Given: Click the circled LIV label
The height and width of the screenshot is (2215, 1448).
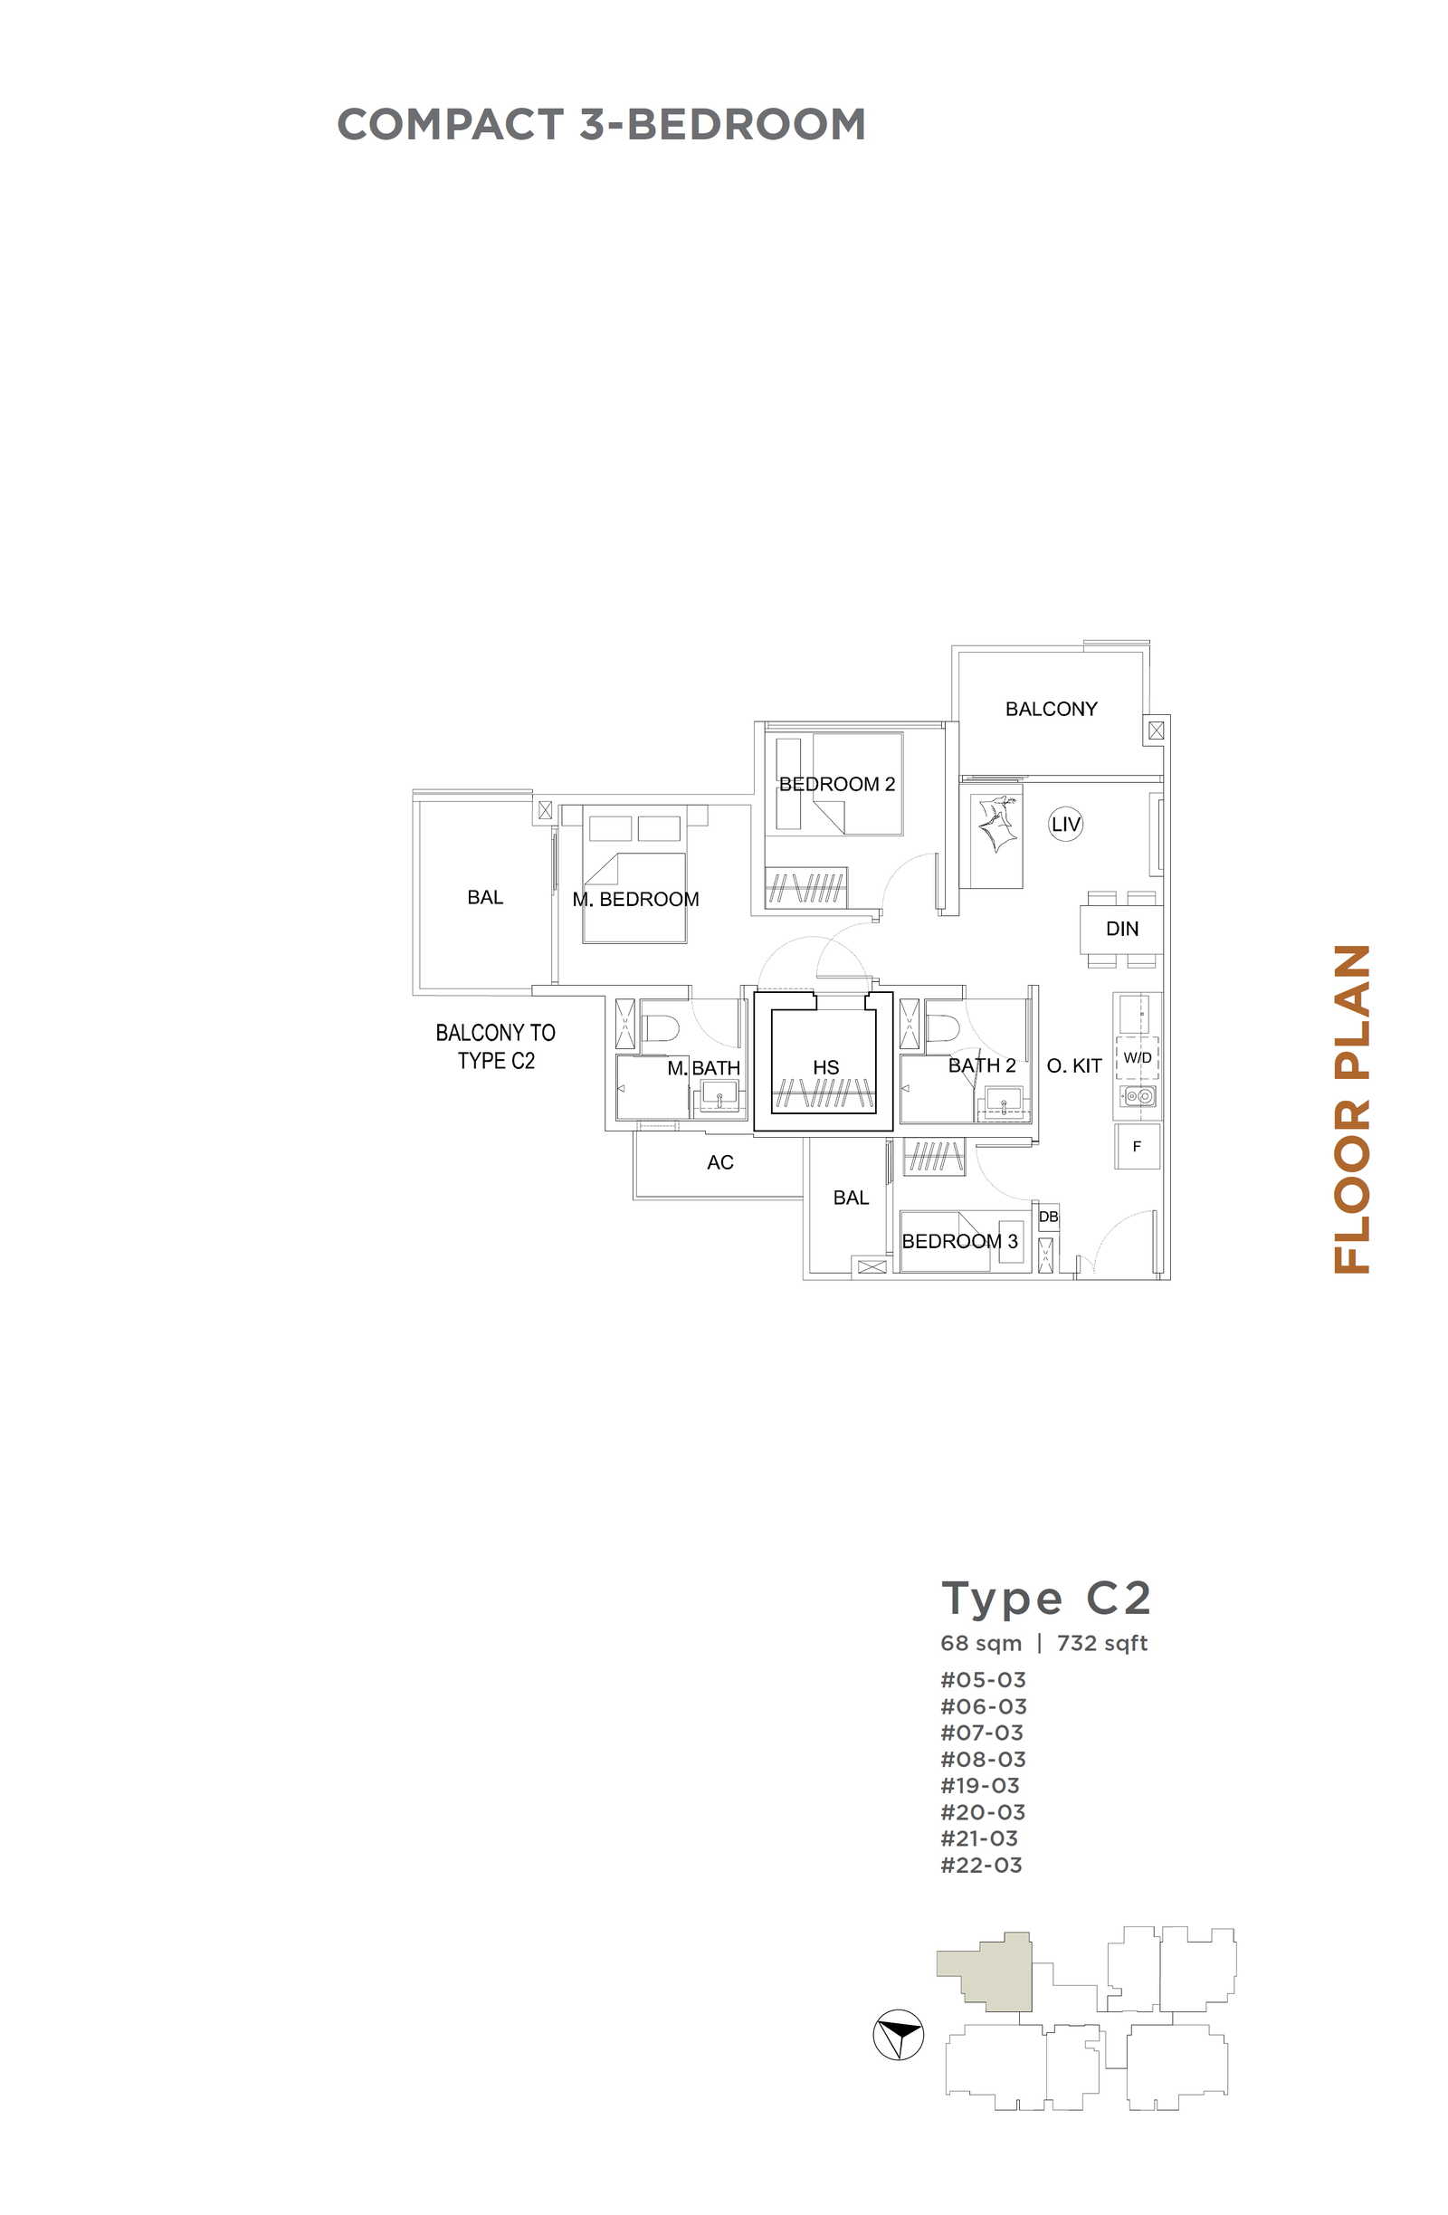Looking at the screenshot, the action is tap(1064, 824).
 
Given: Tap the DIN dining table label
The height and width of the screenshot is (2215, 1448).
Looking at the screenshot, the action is tap(1121, 929).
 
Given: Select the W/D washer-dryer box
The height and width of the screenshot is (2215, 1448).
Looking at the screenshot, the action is tap(1137, 1057).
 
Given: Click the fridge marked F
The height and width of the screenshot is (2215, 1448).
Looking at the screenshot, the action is tap(1137, 1147).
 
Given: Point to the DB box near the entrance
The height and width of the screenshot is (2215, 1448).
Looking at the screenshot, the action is tap(1048, 1217).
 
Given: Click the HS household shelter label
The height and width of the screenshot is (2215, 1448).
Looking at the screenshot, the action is tap(825, 1067).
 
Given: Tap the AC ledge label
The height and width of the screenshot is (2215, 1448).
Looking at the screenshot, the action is tap(719, 1162).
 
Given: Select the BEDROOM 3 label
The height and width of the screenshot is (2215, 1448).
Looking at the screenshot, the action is tap(959, 1241).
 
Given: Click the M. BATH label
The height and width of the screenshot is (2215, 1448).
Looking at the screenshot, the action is tap(703, 1068).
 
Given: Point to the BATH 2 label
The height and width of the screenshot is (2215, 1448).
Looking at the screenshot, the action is tap(981, 1065).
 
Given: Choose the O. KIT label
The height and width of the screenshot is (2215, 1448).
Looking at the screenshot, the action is tap(1073, 1065).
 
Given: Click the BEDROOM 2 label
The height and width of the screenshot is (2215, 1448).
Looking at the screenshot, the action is tap(836, 785).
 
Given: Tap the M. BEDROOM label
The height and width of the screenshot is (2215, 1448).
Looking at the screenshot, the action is tap(635, 899).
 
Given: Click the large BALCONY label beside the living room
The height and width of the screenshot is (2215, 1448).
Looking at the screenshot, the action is tap(1051, 709).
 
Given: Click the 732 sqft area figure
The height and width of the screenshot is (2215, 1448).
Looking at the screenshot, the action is tap(1101, 1644).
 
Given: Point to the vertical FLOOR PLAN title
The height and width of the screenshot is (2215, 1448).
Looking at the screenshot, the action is tap(1352, 1110).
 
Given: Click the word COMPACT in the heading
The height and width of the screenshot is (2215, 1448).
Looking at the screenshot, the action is tap(451, 125).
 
